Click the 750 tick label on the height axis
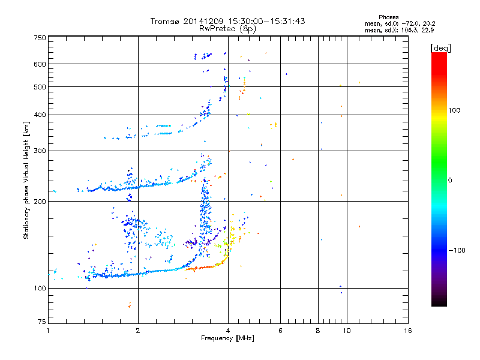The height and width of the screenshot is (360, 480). [40, 38]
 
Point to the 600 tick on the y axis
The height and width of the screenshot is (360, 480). [40, 64]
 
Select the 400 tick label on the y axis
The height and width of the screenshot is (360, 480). [40, 115]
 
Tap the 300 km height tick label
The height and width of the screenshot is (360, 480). [40, 151]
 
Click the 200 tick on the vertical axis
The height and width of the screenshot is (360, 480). [40, 201]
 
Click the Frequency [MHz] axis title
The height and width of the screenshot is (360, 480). [227, 338]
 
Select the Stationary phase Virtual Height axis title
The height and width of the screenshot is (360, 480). [26, 180]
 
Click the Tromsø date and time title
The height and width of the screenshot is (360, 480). [227, 21]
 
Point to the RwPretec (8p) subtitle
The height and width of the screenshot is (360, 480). [227, 28]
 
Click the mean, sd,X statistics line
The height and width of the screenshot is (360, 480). [399, 29]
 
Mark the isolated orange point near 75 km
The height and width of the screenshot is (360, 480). [129, 305]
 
